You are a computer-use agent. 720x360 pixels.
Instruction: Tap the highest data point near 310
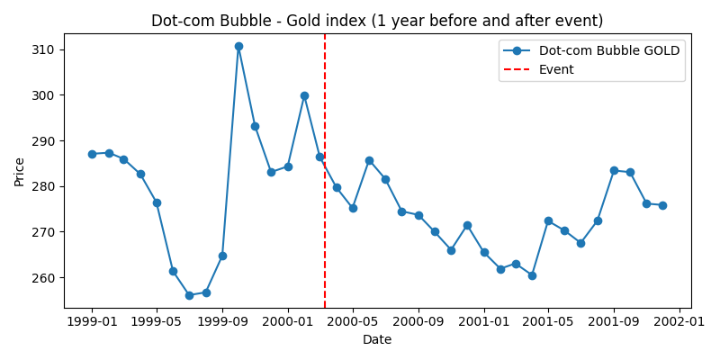(x=238, y=46)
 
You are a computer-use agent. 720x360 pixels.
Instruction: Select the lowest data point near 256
(x=189, y=295)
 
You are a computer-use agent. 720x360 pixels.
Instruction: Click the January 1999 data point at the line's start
(x=92, y=154)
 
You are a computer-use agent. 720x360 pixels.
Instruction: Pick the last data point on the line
(x=662, y=205)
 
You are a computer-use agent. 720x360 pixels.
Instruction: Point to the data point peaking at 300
(x=304, y=95)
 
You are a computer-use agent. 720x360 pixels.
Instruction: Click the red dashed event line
(x=325, y=225)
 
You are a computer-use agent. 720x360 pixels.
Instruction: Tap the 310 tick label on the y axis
(x=42, y=49)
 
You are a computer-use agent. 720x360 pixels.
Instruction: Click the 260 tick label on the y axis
(x=42, y=278)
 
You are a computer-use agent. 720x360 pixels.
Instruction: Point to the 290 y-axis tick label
(x=42, y=141)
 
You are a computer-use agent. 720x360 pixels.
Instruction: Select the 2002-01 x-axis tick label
(x=679, y=321)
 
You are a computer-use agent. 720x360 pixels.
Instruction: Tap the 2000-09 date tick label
(x=418, y=321)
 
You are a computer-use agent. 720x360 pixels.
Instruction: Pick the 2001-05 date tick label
(x=548, y=321)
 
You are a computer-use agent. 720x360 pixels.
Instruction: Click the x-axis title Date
(x=377, y=339)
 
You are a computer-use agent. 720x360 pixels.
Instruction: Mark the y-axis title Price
(x=20, y=171)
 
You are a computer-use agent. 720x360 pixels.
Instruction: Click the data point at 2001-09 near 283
(x=614, y=170)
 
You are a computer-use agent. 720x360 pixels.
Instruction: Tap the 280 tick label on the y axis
(x=42, y=186)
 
